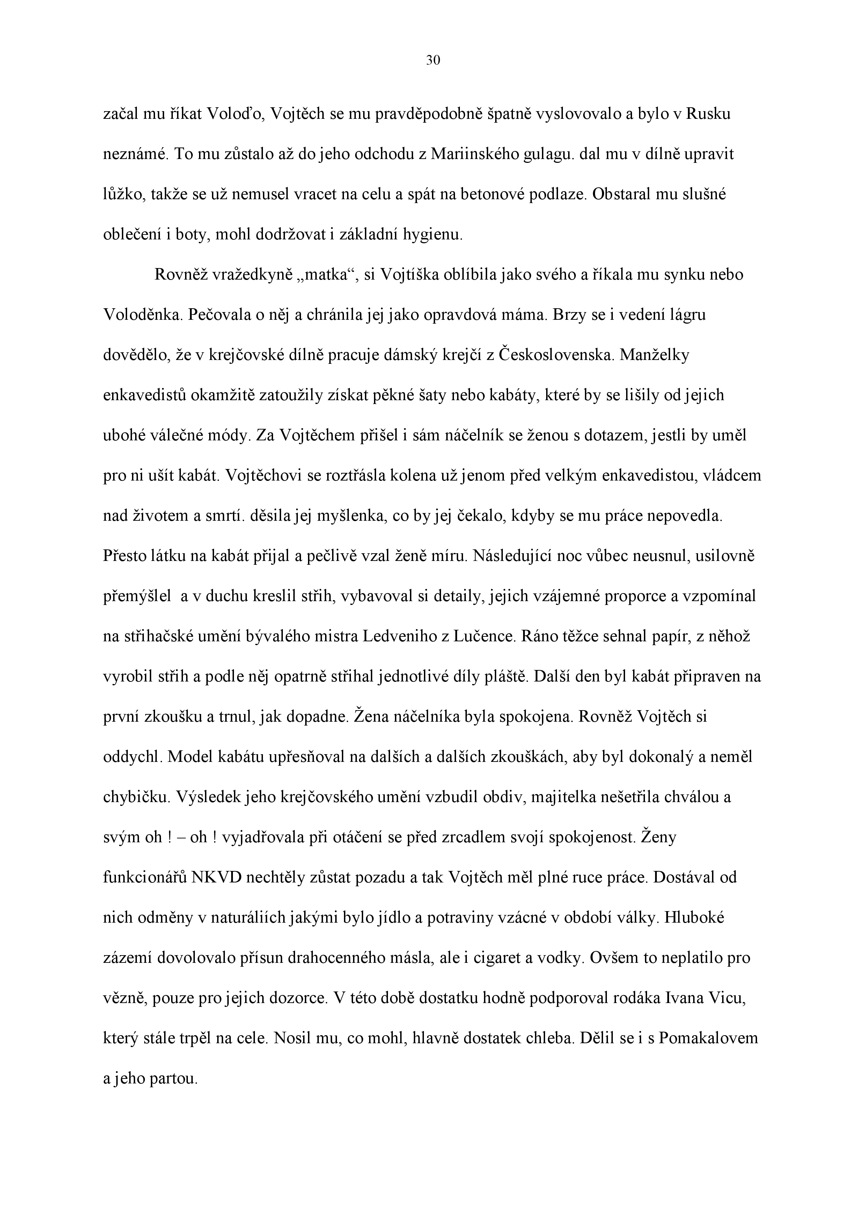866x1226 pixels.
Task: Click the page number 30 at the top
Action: [433, 61]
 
